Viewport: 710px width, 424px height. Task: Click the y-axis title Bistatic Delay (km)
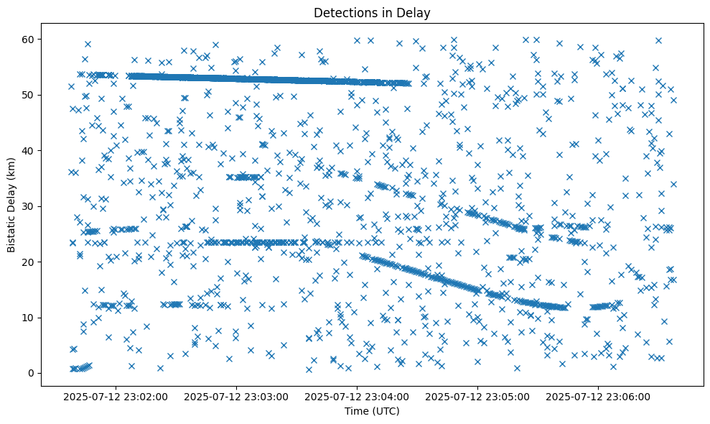[x=11, y=205]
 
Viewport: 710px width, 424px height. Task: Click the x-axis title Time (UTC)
[x=372, y=411]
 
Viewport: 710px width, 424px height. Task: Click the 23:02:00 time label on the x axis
[x=116, y=396]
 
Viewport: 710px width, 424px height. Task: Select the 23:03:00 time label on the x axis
[x=236, y=396]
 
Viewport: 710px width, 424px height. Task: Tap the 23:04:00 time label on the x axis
[x=357, y=396]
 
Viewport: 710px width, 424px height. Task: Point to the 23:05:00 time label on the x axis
[x=477, y=396]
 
